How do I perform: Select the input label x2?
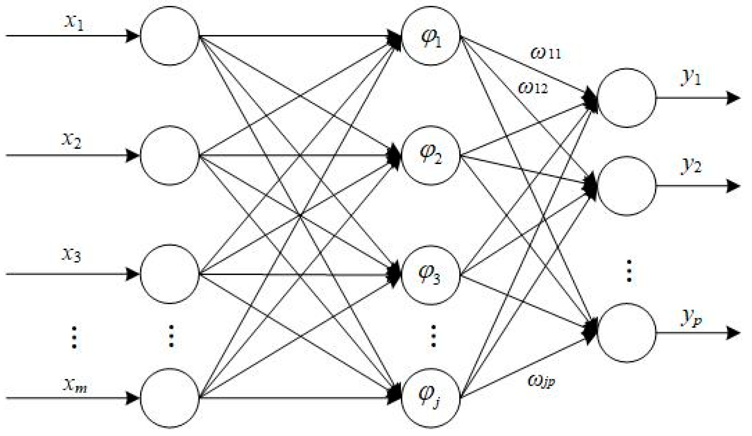(72, 141)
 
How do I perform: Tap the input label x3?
(72, 255)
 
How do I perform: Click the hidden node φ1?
(431, 36)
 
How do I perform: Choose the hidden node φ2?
(431, 155)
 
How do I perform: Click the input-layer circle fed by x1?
(170, 36)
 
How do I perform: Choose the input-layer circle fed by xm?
(170, 398)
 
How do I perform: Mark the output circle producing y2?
(626, 186)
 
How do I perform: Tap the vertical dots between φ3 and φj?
(433, 336)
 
